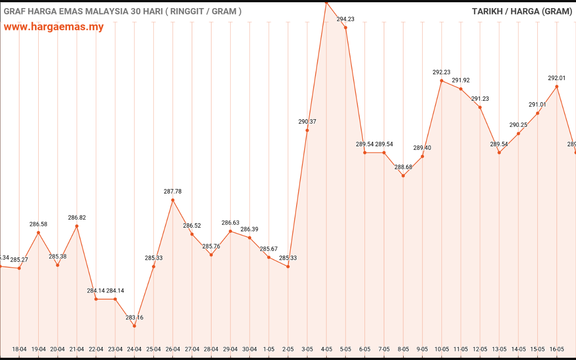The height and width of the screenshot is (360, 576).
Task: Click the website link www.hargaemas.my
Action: pyautogui.click(x=54, y=27)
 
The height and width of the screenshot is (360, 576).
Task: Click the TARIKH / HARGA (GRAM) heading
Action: pyautogui.click(x=522, y=11)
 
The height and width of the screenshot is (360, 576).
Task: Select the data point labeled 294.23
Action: pyautogui.click(x=346, y=27)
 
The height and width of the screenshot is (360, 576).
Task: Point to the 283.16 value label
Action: pyautogui.click(x=134, y=318)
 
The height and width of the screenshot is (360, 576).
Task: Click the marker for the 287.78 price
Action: pyautogui.click(x=173, y=200)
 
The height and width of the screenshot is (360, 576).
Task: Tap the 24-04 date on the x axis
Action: pyautogui.click(x=134, y=349)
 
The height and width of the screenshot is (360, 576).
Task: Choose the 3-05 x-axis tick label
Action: pyautogui.click(x=307, y=349)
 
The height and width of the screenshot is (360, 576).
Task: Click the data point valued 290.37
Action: pyautogui.click(x=307, y=130)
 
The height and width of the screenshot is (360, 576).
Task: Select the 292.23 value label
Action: pyautogui.click(x=441, y=72)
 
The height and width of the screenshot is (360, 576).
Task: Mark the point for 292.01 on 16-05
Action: pyautogui.click(x=557, y=86)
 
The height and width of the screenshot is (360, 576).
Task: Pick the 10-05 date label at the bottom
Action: pyautogui.click(x=441, y=349)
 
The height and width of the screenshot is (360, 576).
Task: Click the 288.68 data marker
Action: pyautogui.click(x=403, y=175)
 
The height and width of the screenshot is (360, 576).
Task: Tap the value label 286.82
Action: pyautogui.click(x=77, y=217)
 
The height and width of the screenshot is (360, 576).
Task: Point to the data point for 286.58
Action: pyautogui.click(x=38, y=232)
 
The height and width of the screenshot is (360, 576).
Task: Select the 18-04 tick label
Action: pyautogui.click(x=19, y=349)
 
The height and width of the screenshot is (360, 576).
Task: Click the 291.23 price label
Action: pyautogui.click(x=480, y=99)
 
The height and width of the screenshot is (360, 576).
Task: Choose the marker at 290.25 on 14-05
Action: pyautogui.click(x=518, y=133)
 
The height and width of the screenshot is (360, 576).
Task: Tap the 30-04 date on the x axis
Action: pyautogui.click(x=250, y=349)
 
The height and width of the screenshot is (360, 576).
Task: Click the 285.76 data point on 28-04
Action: pyautogui.click(x=211, y=255)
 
